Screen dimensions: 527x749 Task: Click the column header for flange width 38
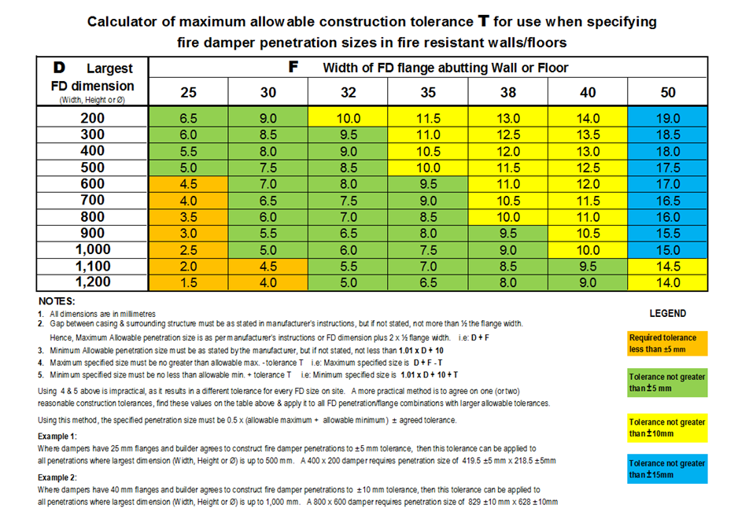point(508,92)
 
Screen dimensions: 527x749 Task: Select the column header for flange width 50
point(668,92)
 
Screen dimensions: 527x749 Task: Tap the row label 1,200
point(93,282)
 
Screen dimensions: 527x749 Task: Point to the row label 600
point(93,184)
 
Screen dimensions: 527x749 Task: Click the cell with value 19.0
point(668,118)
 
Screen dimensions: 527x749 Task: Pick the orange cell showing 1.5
point(189,282)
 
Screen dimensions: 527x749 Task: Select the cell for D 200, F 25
point(189,118)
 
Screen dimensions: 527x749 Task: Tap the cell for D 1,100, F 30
point(268,266)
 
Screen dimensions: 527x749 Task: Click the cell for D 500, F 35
point(428,168)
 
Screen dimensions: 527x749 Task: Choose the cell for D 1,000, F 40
point(588,249)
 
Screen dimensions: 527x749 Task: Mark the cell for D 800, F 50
point(668,217)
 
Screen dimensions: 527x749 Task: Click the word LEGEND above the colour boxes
point(668,313)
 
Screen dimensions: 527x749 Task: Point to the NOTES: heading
point(57,301)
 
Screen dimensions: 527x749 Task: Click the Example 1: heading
point(58,435)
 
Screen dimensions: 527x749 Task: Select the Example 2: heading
point(58,477)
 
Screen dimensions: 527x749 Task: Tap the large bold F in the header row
point(294,67)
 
